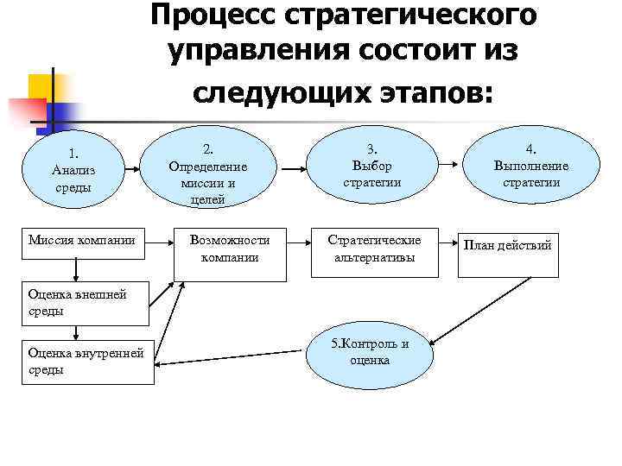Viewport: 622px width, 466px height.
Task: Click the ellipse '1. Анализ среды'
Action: (73, 170)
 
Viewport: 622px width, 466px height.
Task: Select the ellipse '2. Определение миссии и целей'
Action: (208, 170)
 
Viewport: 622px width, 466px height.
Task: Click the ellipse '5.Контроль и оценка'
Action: (370, 352)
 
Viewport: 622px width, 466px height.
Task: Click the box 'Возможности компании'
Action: (229, 255)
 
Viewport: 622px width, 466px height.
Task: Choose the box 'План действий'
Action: (507, 255)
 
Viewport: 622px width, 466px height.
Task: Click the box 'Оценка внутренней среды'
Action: (90, 362)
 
